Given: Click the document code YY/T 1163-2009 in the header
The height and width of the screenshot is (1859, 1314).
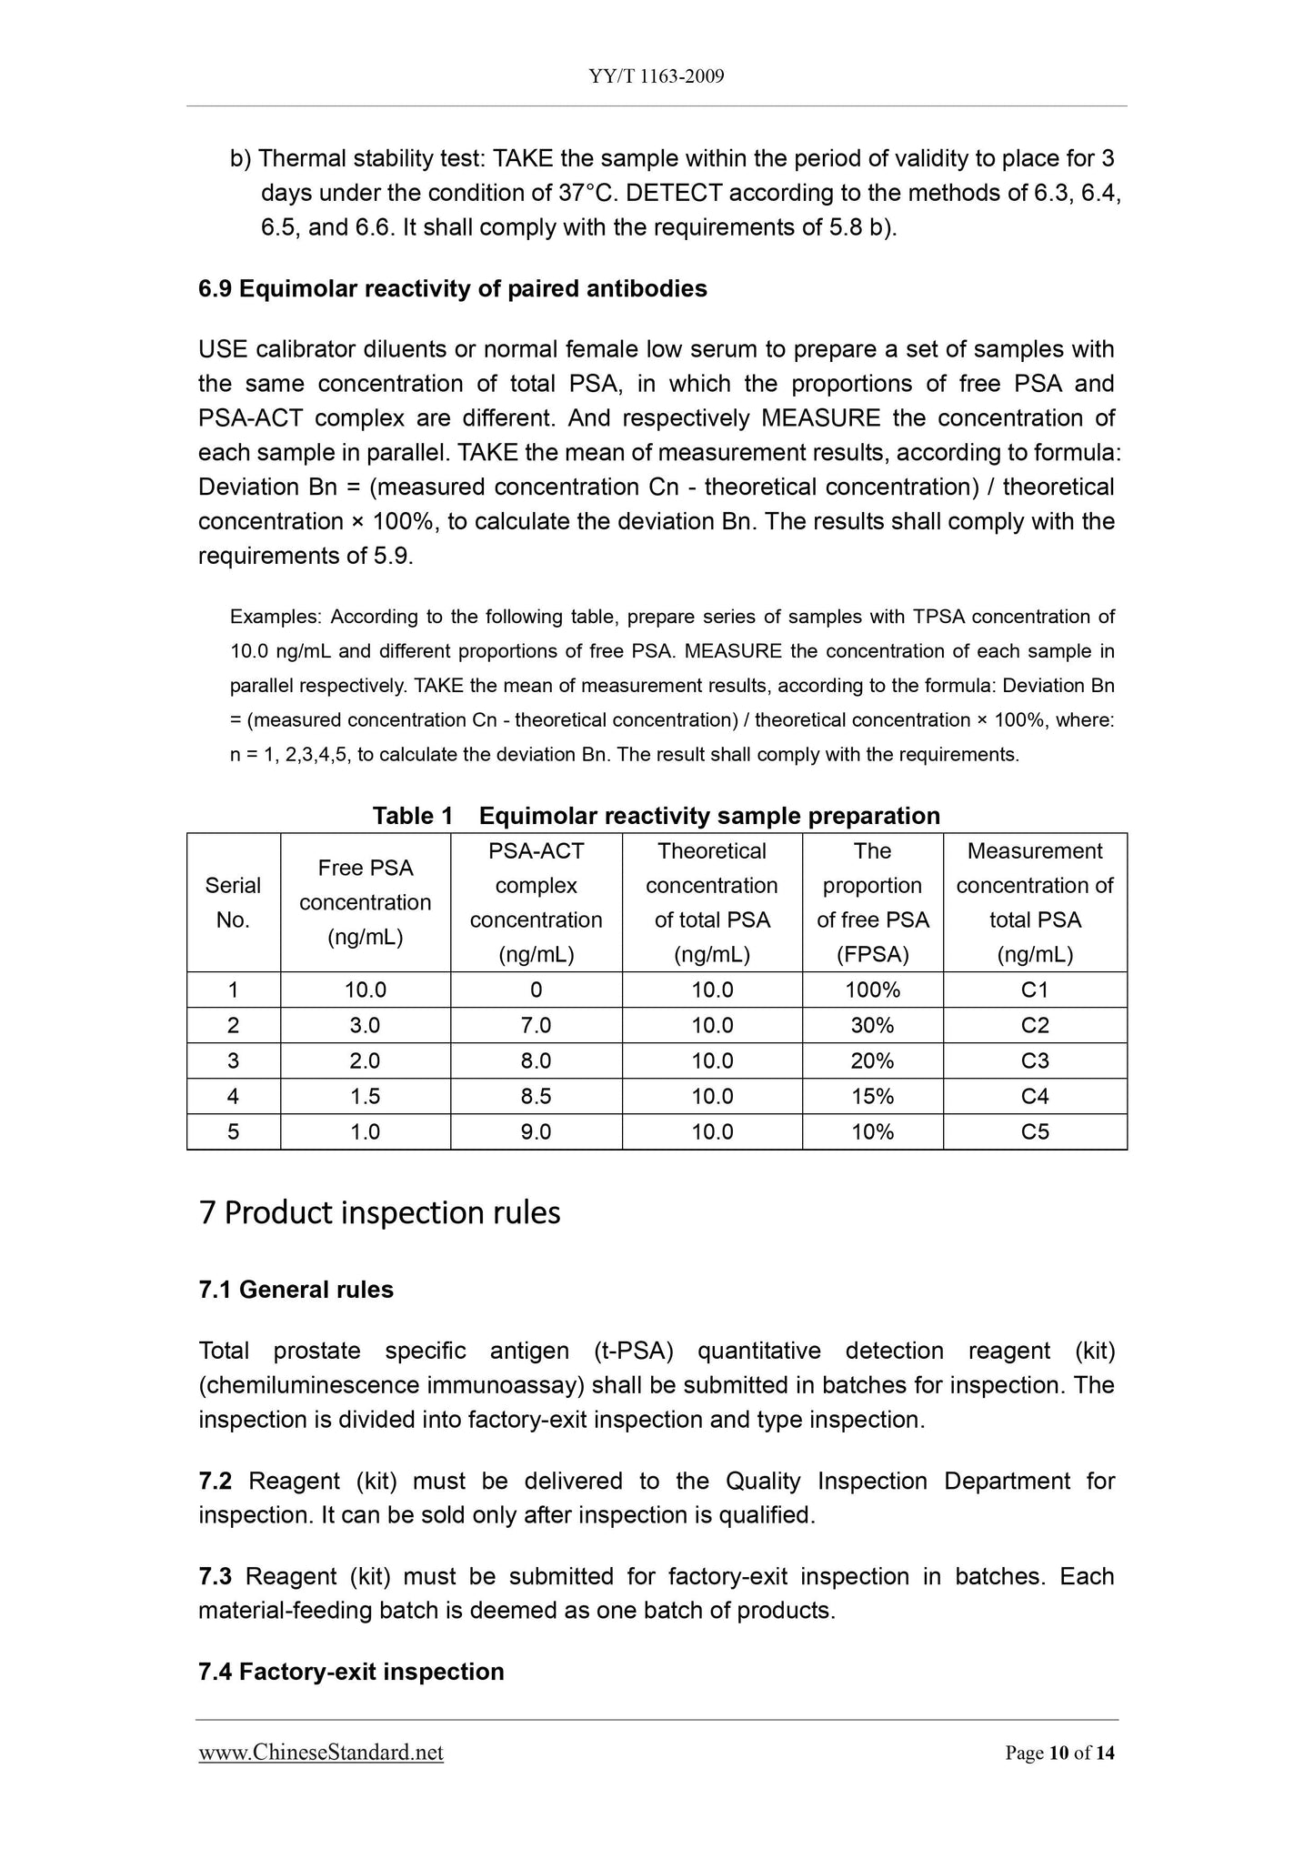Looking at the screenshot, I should [656, 76].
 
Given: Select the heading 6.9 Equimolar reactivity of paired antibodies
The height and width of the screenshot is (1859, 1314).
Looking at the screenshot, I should [452, 289].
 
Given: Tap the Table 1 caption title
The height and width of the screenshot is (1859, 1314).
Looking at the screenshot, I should [656, 816].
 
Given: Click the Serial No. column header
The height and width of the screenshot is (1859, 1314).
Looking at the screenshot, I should [233, 902].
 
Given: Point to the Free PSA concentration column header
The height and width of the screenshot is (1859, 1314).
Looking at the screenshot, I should [365, 902].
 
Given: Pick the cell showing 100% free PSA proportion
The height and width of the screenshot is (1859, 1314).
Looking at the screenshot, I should [872, 990].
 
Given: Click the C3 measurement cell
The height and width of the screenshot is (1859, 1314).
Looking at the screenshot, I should [1035, 1060].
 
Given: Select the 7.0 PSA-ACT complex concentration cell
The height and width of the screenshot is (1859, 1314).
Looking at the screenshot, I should [536, 1025].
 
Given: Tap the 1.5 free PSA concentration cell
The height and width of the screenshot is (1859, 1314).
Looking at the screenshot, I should [365, 1096].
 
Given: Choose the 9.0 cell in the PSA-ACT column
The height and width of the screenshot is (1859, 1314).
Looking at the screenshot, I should [536, 1131].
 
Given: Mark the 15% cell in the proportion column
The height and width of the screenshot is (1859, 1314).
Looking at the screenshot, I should [872, 1096].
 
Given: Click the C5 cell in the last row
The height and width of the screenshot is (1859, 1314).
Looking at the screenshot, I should [1035, 1131].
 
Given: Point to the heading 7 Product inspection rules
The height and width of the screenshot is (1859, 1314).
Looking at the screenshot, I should [379, 1212].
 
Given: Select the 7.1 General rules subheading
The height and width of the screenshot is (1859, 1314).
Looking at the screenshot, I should [296, 1290].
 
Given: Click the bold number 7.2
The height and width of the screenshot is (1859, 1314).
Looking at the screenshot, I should [215, 1482].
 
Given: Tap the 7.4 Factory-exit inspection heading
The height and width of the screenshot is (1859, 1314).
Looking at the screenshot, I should [351, 1672].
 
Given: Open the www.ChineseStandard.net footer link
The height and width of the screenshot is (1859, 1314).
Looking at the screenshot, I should [321, 1753].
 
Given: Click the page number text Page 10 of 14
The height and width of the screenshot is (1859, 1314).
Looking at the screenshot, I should [1059, 1753].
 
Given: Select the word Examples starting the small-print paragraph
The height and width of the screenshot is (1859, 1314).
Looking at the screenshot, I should [274, 617].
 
